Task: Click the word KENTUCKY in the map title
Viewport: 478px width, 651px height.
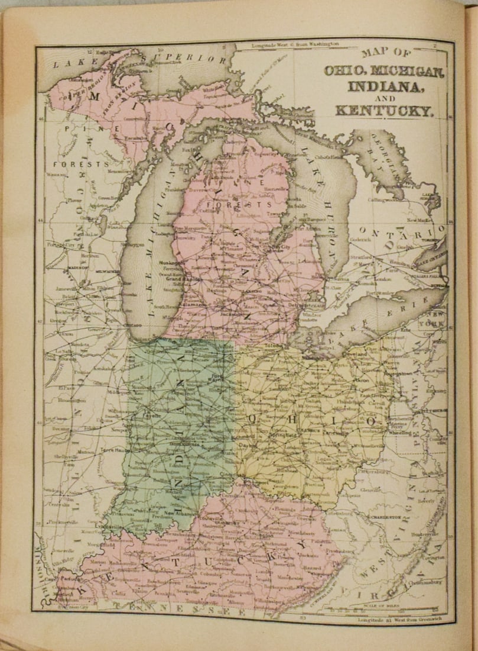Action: tap(384, 109)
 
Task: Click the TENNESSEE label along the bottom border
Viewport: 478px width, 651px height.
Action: tap(177, 606)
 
